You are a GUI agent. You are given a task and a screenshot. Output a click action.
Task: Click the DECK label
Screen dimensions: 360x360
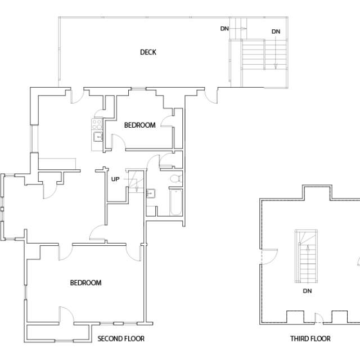(x=148, y=52)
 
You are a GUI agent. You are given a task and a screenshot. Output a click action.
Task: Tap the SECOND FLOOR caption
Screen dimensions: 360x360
(x=121, y=339)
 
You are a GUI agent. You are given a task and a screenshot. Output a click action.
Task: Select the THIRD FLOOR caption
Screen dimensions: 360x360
(x=310, y=339)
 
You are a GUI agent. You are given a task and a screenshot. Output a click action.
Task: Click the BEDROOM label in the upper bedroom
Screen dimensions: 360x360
(x=139, y=125)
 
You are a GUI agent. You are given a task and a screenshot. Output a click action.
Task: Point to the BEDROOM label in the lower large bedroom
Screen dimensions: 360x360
(x=85, y=283)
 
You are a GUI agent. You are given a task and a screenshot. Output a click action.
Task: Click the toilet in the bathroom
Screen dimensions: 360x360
(x=175, y=179)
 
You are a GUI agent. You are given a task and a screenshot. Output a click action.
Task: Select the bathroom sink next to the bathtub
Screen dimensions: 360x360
(x=151, y=195)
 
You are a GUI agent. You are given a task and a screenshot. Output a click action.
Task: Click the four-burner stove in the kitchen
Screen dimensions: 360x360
(x=97, y=123)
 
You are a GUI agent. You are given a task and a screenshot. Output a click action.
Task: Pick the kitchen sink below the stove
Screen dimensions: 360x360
(x=97, y=136)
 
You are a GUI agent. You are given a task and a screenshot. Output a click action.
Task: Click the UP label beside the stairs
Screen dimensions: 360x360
(x=115, y=179)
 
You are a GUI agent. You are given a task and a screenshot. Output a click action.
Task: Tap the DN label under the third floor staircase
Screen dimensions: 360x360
(x=307, y=291)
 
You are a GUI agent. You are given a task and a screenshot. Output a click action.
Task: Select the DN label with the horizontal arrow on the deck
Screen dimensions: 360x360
(x=224, y=28)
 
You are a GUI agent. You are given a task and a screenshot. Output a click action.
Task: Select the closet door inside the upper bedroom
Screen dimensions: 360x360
(x=166, y=123)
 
